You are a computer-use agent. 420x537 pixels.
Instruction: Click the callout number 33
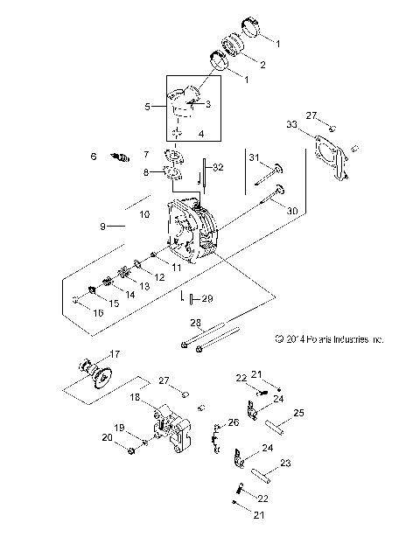pyautogui.click(x=291, y=125)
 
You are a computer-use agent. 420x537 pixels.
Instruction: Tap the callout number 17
pyautogui.click(x=114, y=354)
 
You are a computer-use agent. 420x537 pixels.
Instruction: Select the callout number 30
pyautogui.click(x=292, y=210)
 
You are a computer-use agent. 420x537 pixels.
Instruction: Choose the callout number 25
pyautogui.click(x=298, y=412)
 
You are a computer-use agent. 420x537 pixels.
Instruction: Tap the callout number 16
pyautogui.click(x=97, y=311)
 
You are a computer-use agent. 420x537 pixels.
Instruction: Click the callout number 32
pyautogui.click(x=218, y=167)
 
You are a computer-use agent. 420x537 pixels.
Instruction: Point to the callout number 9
pyautogui.click(x=102, y=227)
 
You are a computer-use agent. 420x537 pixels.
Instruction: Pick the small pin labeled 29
pyautogui.click(x=190, y=298)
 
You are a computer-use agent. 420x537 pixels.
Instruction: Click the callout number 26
pyautogui.click(x=233, y=422)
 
